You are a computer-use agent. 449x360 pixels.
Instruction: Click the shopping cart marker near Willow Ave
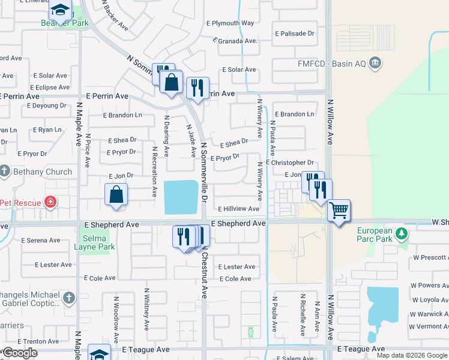pyautogui.click(x=339, y=210)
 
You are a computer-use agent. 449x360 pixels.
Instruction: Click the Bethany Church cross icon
pyautogui.click(x=5, y=171)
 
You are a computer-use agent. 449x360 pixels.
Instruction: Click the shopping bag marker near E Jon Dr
pyautogui.click(x=116, y=194)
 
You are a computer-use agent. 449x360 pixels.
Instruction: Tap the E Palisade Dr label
pyautogui.click(x=294, y=34)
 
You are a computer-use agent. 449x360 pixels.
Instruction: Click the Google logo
pyautogui.click(x=19, y=353)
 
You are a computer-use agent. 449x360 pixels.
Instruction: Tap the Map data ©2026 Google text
pyautogui.click(x=412, y=355)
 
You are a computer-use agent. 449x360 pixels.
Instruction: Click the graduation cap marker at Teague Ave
pyautogui.click(x=99, y=353)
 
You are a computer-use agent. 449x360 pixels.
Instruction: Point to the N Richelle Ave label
pyautogui.click(x=303, y=312)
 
